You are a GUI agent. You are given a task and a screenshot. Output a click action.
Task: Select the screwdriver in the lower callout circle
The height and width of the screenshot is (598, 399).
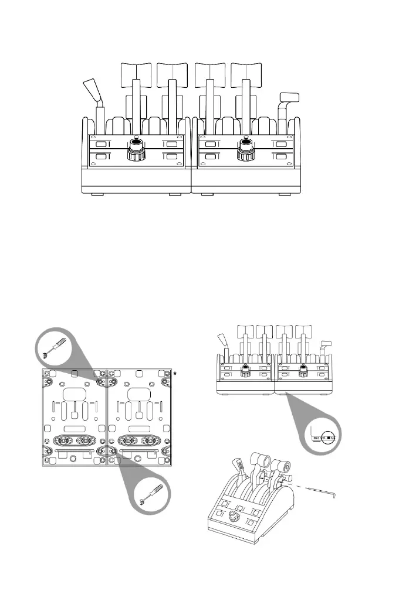(x=150, y=495)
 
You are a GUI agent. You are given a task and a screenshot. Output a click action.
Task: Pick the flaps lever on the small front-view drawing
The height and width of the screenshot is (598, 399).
(x=326, y=343)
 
